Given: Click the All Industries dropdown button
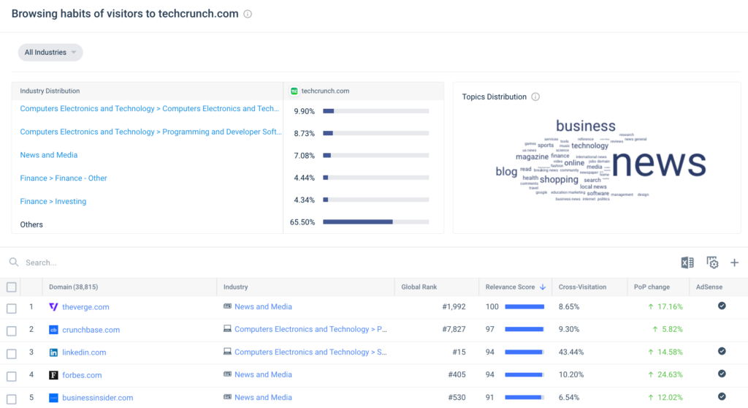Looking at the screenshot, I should (x=50, y=53).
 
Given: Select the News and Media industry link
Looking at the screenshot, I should (x=48, y=155).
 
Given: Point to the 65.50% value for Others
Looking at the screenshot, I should (x=302, y=222).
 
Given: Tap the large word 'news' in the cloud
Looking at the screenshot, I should (x=659, y=163).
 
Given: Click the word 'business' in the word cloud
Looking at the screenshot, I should (x=585, y=126).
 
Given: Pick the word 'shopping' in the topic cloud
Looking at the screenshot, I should (x=559, y=179).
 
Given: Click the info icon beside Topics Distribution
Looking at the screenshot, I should (x=535, y=97).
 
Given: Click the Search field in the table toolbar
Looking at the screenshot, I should (x=146, y=262).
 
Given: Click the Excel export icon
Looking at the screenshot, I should (x=687, y=262).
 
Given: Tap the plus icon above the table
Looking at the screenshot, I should (x=734, y=262).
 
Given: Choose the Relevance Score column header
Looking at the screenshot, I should (x=510, y=287).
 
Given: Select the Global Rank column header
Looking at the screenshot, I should (x=419, y=287).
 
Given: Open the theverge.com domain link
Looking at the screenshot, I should (x=85, y=307).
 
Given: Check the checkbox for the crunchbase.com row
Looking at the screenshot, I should (x=11, y=330).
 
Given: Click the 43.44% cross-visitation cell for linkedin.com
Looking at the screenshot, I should (x=571, y=352).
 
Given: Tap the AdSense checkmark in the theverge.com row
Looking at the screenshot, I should (x=722, y=306).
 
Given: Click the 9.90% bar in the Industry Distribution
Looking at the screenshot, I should (x=375, y=111).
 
